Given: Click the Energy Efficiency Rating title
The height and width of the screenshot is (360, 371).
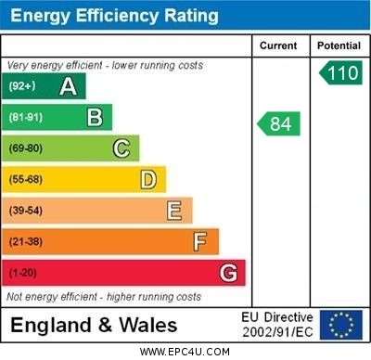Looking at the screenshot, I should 115,16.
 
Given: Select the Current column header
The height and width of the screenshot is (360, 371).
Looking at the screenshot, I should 278,45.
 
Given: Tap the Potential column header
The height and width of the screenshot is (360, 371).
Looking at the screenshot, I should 339,45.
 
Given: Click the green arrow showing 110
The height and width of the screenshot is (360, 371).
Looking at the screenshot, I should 340,73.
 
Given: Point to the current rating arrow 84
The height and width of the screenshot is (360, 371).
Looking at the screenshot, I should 279,123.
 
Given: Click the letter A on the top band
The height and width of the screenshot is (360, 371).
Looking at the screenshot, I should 68,87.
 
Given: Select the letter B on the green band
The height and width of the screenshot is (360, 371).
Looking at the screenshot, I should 95,118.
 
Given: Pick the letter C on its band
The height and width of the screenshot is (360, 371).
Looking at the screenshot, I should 122,148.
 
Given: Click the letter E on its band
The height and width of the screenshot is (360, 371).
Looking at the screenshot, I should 174,211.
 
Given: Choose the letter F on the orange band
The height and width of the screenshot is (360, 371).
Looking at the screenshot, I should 200,242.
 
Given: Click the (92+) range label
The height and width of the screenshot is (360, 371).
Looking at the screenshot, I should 23,87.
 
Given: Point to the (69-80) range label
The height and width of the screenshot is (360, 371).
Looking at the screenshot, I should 26,148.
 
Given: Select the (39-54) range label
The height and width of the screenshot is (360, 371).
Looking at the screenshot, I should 26,211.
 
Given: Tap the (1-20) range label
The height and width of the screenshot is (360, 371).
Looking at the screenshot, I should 23,274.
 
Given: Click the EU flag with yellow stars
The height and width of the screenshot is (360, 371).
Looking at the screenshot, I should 340,325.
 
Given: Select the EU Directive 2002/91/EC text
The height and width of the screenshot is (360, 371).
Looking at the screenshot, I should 278,325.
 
